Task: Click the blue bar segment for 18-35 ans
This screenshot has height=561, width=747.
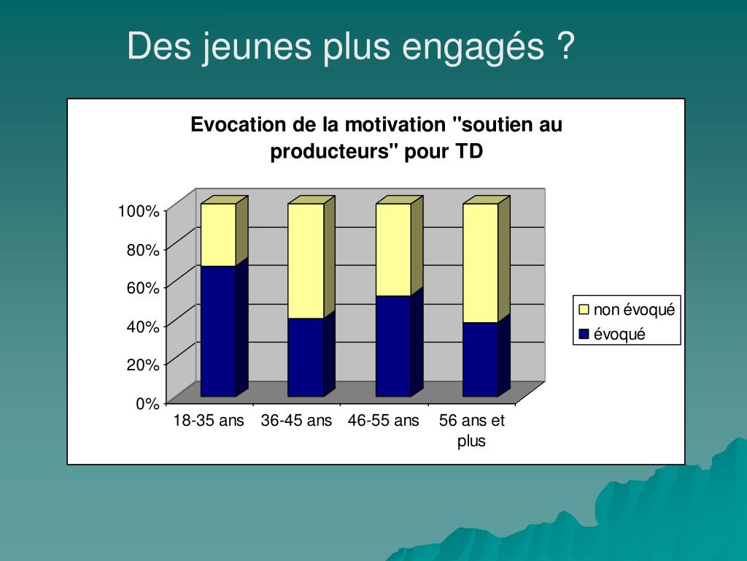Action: coord(218,331)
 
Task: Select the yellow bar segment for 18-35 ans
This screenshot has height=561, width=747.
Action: coord(218,234)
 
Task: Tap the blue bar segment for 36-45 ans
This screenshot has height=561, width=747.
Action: coord(306,357)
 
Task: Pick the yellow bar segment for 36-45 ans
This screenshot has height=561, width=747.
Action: coord(306,261)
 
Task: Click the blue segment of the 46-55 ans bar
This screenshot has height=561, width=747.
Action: coord(393,346)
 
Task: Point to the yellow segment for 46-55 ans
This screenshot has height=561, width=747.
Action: coord(393,249)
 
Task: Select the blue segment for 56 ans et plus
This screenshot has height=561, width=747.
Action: coord(481,359)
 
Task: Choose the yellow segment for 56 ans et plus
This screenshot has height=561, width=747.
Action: coord(481,263)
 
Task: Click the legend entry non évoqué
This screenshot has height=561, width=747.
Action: coord(633,310)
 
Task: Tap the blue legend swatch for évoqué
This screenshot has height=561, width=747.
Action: coord(584,335)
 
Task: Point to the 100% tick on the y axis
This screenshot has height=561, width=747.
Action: coord(139,211)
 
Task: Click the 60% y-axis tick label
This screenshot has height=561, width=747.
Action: coord(143,288)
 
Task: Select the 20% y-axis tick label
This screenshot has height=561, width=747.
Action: coord(143,365)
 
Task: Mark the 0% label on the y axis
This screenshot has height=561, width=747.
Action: coord(147,404)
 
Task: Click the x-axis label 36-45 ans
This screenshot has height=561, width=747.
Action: coord(296,421)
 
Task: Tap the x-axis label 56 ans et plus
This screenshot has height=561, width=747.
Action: coord(471,430)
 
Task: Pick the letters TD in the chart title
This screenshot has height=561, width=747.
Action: coord(469,152)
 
